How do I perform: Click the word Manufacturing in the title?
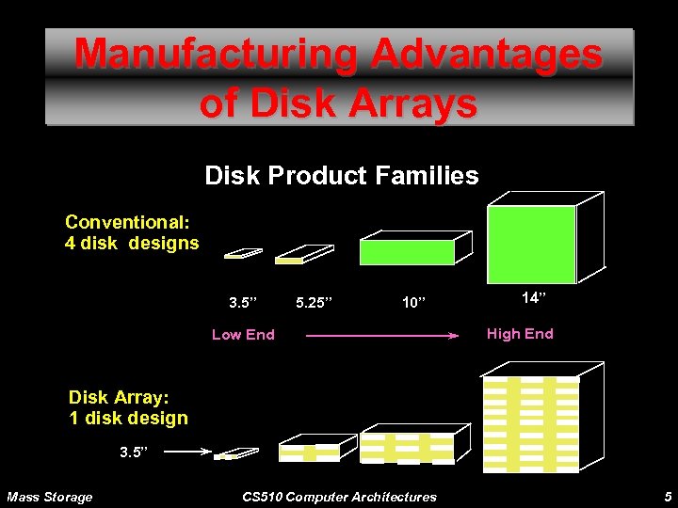[216, 54]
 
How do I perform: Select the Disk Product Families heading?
[341, 175]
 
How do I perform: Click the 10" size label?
[414, 303]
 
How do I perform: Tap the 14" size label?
[533, 298]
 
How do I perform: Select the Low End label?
[243, 334]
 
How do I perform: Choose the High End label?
[519, 333]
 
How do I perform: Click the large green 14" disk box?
[532, 245]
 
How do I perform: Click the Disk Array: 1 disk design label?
[128, 407]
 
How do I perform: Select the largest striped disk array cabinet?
[532, 423]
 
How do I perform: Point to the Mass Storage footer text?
[50, 497]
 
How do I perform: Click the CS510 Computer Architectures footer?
[339, 497]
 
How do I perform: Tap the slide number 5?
[667, 497]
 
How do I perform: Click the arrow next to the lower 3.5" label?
[189, 452]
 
